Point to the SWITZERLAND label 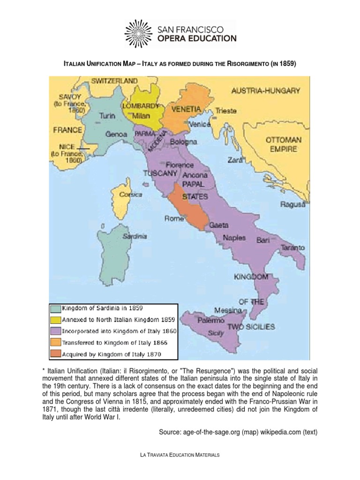coord(114,81)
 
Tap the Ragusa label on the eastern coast coord(293,204)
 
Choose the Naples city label coord(234,237)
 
